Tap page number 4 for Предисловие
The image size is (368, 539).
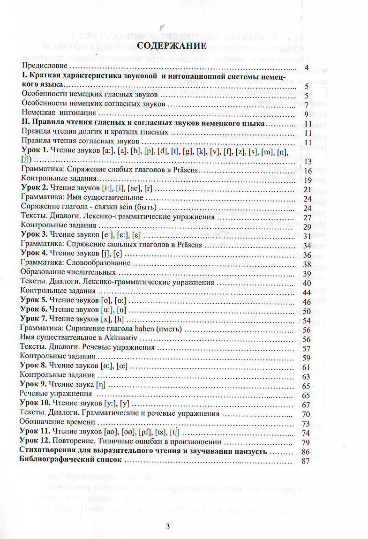click(306, 69)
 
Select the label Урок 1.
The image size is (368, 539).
click(35, 151)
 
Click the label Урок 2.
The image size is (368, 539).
click(35, 189)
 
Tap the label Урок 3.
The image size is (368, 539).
click(35, 235)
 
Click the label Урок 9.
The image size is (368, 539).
click(35, 385)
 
